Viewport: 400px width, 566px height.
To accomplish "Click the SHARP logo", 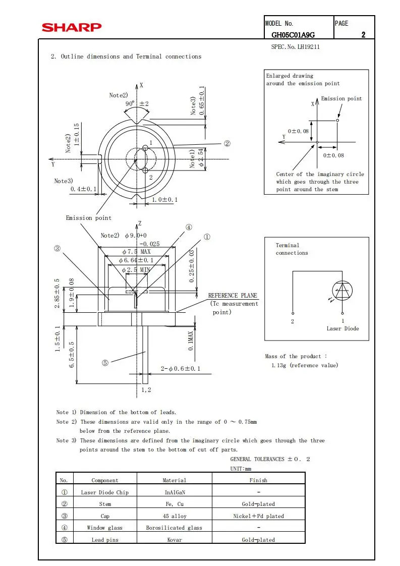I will tap(72, 27).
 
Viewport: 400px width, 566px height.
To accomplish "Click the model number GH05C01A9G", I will tap(293, 35).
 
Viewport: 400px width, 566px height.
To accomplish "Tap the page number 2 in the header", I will tap(363, 35).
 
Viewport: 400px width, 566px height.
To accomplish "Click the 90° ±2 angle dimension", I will tap(137, 104).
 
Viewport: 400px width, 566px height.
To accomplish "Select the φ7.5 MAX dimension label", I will tap(136, 251).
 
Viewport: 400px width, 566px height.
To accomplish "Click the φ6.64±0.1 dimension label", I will tap(136, 260).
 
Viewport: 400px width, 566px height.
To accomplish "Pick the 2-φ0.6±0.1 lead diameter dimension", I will tap(181, 369).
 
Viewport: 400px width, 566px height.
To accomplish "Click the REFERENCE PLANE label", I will tap(233, 296).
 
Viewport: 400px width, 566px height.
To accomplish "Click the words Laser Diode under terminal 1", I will tap(342, 328).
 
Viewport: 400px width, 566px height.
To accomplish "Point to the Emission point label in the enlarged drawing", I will tap(341, 99).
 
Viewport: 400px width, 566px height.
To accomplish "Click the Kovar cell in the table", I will tap(175, 540).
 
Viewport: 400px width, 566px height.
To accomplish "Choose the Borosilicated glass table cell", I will tap(174, 528).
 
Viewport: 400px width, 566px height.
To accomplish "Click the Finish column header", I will tap(258, 480).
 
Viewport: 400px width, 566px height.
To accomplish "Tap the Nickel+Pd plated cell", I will tap(258, 516).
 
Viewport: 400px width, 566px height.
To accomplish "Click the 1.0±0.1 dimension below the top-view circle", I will tap(165, 200).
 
